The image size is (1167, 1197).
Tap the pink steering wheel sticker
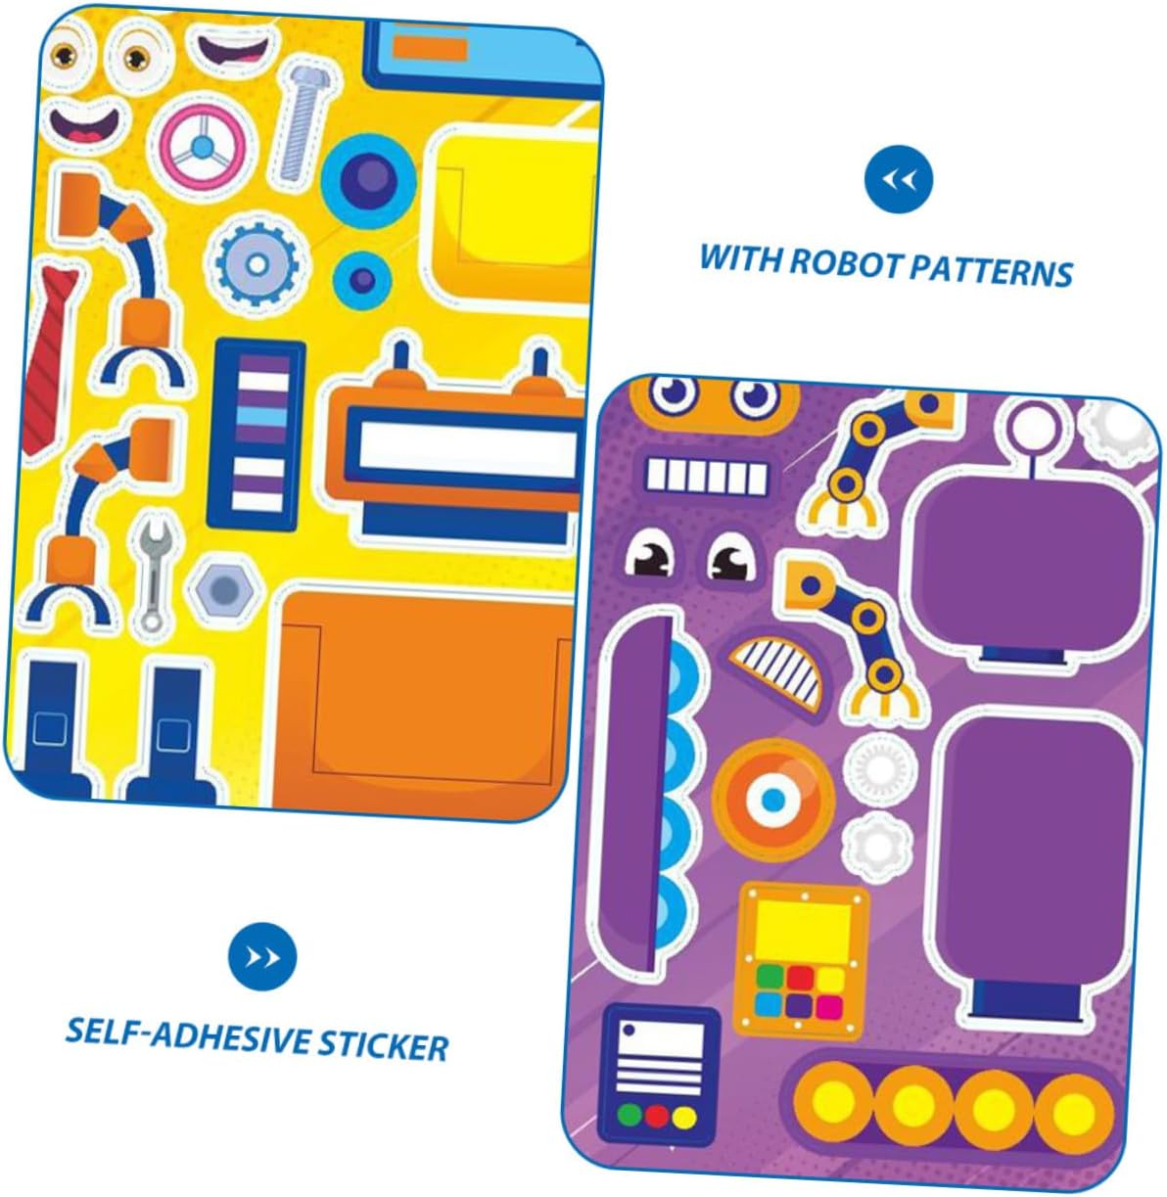tap(201, 148)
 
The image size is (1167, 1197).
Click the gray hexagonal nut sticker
tap(224, 590)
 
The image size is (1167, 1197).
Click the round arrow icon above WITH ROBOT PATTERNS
tap(898, 179)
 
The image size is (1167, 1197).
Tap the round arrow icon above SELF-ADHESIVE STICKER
tap(261, 955)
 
